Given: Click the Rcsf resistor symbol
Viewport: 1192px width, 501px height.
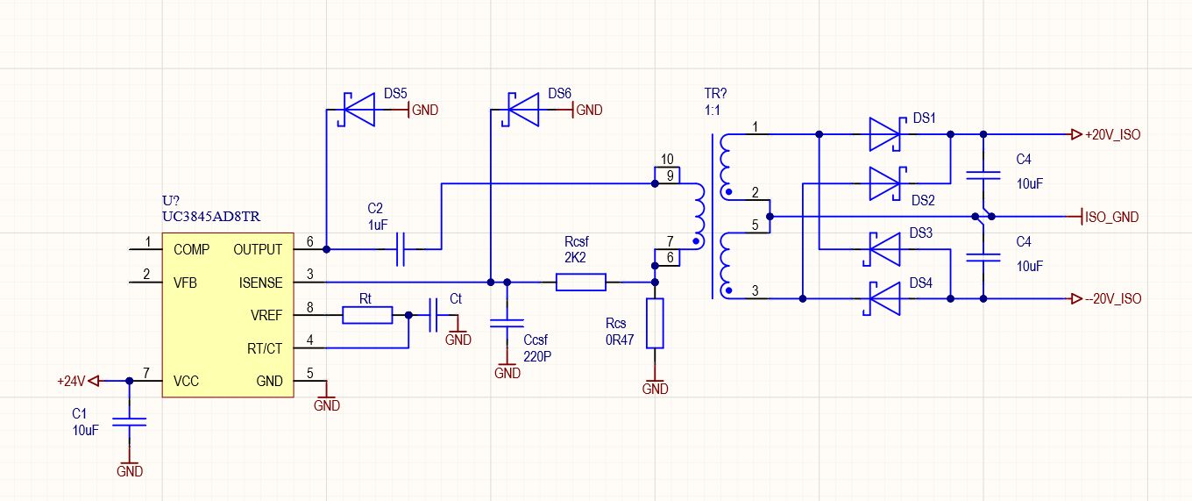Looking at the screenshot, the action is click(x=580, y=282).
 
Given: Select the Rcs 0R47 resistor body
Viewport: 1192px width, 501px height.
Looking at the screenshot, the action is click(x=655, y=324).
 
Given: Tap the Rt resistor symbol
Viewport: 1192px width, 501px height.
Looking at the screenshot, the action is click(x=367, y=315).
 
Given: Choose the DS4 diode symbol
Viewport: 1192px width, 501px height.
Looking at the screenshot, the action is click(x=882, y=298).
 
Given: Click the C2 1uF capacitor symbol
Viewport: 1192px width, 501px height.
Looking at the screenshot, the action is click(x=401, y=249).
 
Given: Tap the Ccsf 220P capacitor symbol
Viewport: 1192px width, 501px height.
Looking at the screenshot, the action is click(x=507, y=323).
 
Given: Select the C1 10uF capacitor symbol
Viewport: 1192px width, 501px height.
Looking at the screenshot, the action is click(x=130, y=421).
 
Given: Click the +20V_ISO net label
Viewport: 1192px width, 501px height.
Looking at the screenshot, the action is click(x=1113, y=134).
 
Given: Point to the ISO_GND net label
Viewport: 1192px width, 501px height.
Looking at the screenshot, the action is click(x=1111, y=217).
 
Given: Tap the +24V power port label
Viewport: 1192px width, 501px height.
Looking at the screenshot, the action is click(x=71, y=381).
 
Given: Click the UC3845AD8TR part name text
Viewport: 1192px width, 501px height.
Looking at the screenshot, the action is click(x=211, y=217).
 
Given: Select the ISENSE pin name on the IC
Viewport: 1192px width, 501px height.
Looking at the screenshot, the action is click(x=260, y=283).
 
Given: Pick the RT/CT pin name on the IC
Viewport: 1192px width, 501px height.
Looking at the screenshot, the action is click(x=265, y=348).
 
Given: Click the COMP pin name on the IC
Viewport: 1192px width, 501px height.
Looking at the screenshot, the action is click(x=192, y=249).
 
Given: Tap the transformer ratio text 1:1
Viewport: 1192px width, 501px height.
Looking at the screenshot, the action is click(x=712, y=111).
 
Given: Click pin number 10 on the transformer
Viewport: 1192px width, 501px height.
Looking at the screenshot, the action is click(x=667, y=159).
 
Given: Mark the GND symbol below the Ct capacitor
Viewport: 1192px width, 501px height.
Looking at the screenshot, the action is click(x=458, y=336).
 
